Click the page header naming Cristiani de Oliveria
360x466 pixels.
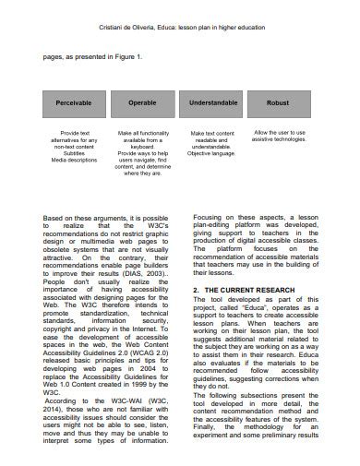(180, 29)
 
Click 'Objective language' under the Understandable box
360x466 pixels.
(213, 152)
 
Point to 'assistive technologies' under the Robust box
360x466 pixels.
(280, 140)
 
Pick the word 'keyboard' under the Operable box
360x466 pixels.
(141, 146)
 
